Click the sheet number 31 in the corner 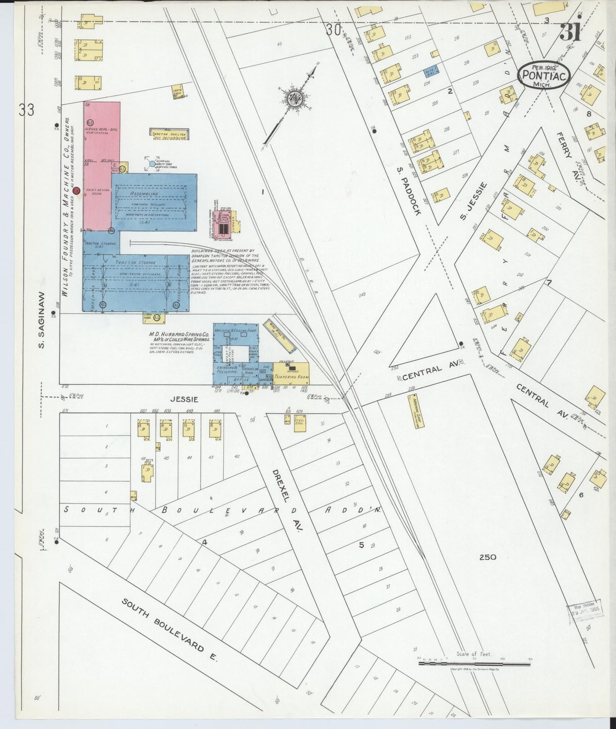coord(570,33)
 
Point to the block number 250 coord(487,557)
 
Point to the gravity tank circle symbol coord(153,163)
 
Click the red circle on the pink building coord(76,192)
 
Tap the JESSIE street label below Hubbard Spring coord(184,399)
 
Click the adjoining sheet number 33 coord(26,110)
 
